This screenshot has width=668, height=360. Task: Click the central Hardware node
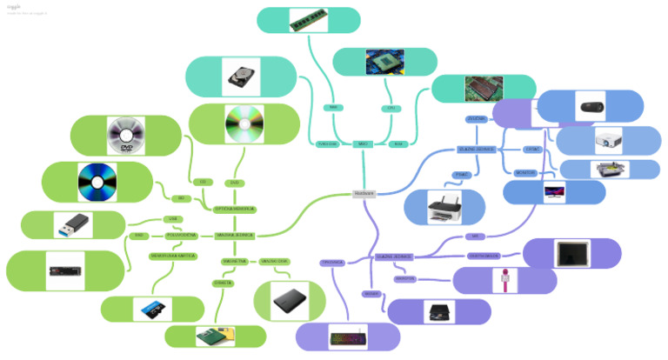(x=364, y=193)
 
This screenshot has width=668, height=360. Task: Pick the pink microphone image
(x=504, y=280)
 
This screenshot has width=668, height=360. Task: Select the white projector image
(x=608, y=140)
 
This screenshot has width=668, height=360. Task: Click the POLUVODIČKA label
(x=182, y=235)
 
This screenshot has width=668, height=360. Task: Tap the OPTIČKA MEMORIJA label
(x=234, y=209)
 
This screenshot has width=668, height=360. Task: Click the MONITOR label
(x=525, y=173)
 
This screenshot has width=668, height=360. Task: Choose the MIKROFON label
(x=405, y=279)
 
